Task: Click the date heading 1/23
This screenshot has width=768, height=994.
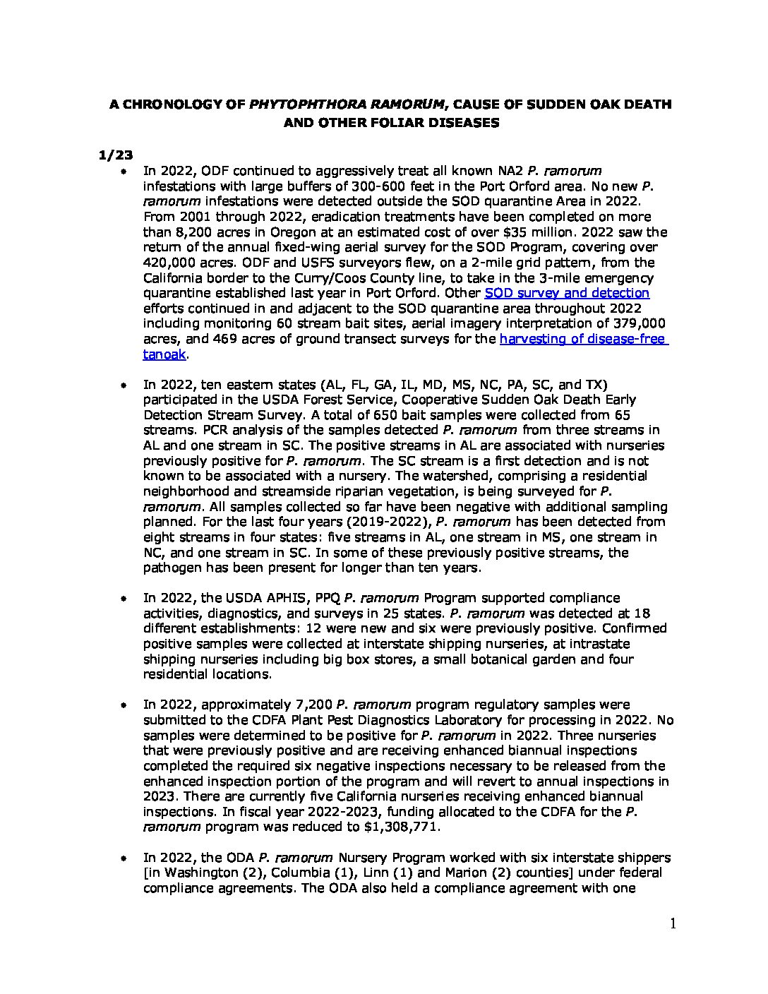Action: [111, 155]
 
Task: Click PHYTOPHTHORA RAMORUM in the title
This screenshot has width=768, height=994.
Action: [348, 104]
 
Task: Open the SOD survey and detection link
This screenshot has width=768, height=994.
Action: [567, 293]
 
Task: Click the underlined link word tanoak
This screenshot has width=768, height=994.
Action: [164, 354]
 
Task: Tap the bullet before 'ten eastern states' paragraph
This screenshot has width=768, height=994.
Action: [124, 385]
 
